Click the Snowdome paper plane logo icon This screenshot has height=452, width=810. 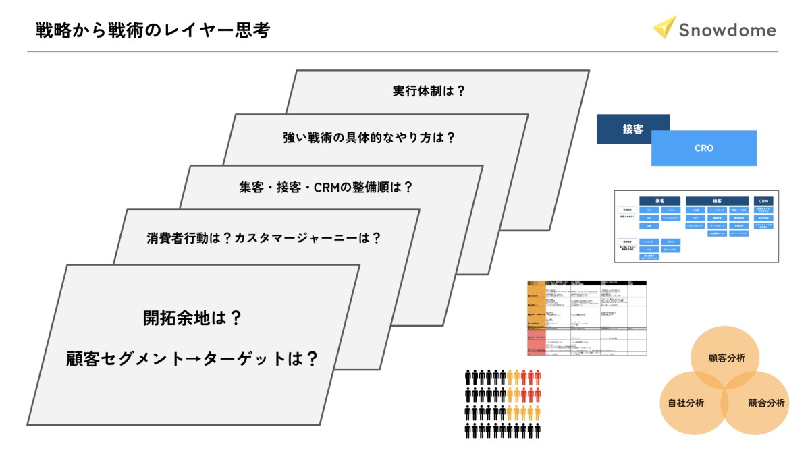665,27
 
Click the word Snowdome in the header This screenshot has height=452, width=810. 727,30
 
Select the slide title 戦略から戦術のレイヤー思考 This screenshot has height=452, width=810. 154,30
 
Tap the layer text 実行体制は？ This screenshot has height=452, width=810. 429,91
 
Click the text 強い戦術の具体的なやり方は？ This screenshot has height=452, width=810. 369,138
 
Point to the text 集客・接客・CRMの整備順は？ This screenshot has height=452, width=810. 326,187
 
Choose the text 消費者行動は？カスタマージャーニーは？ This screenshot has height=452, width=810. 264,237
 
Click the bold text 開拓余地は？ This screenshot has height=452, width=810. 192,318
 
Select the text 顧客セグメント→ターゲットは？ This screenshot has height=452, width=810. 192,358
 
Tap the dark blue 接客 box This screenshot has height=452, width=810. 632,129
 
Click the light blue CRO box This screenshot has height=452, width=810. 704,148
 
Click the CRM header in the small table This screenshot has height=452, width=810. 763,201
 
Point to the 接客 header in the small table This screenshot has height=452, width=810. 716,201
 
